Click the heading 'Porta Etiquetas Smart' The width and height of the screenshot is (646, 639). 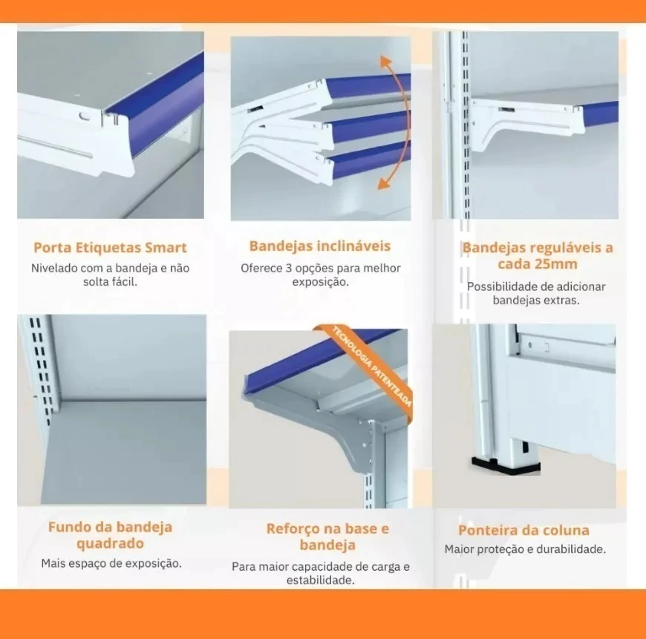coord(110,247)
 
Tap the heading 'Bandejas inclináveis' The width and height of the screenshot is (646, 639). coord(320,246)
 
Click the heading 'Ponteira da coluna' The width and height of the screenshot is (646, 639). coord(523,530)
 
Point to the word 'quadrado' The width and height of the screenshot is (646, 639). coord(110,544)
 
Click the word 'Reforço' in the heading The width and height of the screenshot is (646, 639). coord(291,528)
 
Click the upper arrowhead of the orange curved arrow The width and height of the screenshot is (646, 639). coord(385,62)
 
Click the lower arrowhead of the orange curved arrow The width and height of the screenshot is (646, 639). coord(384,183)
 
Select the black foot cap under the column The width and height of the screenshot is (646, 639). coord(505,465)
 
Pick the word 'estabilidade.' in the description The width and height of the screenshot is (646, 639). coord(321,580)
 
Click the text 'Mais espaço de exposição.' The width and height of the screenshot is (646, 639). coord(111,563)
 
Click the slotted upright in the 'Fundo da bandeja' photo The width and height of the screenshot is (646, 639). coord(41,370)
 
